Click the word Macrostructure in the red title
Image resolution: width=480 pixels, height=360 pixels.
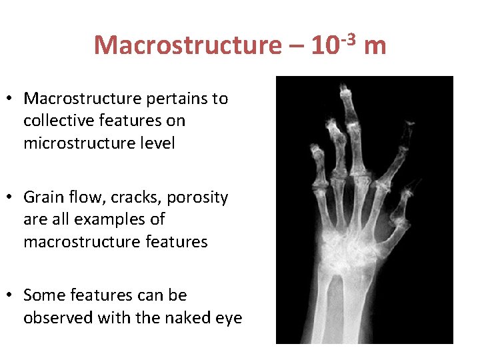187,46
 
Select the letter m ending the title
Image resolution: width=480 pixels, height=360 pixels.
376,46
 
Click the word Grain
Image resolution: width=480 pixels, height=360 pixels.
43,198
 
